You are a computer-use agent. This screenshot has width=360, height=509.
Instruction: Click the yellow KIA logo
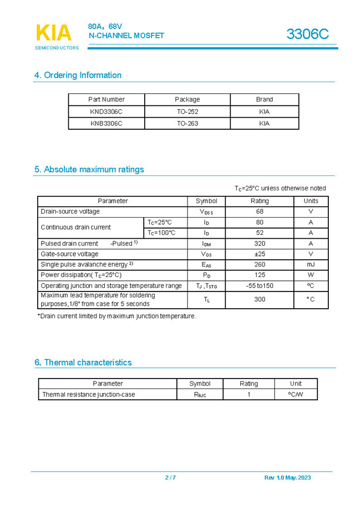click(54, 33)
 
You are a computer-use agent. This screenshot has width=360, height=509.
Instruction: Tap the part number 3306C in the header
click(307, 34)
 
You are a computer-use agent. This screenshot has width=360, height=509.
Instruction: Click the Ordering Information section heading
click(78, 75)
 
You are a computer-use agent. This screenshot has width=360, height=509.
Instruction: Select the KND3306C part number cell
click(107, 112)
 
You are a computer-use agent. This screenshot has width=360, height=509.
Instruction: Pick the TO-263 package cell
click(187, 124)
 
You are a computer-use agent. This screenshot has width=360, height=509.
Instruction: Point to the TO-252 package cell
click(187, 112)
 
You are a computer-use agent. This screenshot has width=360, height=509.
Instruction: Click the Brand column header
click(264, 99)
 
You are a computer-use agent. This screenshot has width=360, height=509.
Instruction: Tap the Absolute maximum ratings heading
click(89, 169)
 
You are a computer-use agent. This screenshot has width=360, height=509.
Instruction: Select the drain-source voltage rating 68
click(260, 211)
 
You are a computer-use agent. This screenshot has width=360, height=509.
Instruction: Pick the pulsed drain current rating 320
click(260, 244)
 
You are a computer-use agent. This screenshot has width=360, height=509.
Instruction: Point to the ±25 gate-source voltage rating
click(260, 254)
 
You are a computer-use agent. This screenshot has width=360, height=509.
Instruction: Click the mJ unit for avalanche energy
click(311, 265)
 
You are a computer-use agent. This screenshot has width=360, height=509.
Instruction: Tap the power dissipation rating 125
click(260, 275)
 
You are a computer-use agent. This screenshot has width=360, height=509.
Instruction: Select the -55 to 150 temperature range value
click(260, 286)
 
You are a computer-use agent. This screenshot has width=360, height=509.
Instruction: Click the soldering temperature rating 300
click(260, 299)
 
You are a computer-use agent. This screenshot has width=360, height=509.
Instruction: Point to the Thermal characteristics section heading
click(83, 362)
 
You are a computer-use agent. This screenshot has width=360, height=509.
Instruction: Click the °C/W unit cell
click(296, 395)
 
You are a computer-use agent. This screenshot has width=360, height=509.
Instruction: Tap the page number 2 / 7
click(170, 478)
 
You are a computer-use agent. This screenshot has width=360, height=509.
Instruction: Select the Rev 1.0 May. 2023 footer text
click(287, 478)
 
